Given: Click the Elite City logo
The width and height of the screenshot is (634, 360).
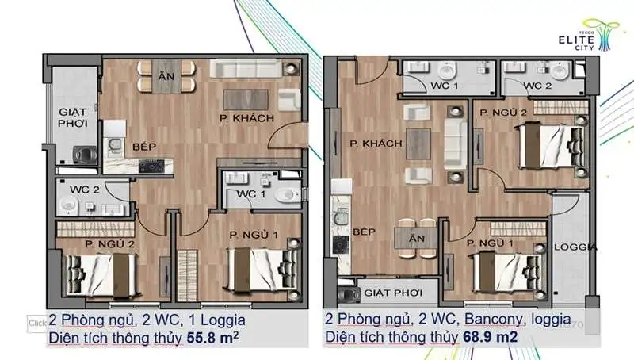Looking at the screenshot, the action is pyautogui.click(x=588, y=35).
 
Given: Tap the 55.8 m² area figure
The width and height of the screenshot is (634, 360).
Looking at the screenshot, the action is pyautogui.click(x=212, y=337).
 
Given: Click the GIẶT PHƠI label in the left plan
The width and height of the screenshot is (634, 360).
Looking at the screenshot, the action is pyautogui.click(x=73, y=117).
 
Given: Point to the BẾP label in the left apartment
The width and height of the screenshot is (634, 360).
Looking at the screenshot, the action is pyautogui.click(x=144, y=147).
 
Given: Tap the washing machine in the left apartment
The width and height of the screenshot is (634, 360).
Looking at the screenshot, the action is pyautogui.click(x=85, y=154).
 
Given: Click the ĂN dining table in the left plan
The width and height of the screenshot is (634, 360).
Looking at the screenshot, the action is pyautogui.click(x=166, y=76).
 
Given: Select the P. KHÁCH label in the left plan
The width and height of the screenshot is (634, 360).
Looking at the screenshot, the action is pyautogui.click(x=246, y=118).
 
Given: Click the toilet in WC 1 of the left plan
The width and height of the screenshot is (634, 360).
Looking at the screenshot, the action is pyautogui.click(x=287, y=196).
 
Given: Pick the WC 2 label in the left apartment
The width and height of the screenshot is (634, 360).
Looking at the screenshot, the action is pyautogui.click(x=85, y=190).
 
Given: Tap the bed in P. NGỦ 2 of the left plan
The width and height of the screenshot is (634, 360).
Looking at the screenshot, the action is pyautogui.click(x=101, y=276).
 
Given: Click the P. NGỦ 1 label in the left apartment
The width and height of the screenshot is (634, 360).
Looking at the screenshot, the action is pyautogui.click(x=254, y=235).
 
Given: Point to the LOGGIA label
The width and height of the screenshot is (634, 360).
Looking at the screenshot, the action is pyautogui.click(x=575, y=247).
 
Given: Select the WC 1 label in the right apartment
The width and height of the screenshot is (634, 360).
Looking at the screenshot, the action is pyautogui.click(x=445, y=86).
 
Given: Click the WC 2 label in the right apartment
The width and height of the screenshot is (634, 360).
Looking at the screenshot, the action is pyautogui.click(x=537, y=86).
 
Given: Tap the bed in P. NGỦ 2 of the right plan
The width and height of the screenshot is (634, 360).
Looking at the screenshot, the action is pyautogui.click(x=552, y=146).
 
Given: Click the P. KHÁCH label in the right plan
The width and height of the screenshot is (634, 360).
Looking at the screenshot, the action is pyautogui.click(x=376, y=144).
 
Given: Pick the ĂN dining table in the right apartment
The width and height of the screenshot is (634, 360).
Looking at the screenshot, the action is pyautogui.click(x=417, y=239).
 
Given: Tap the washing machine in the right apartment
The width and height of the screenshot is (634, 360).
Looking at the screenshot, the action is pyautogui.click(x=349, y=295).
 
